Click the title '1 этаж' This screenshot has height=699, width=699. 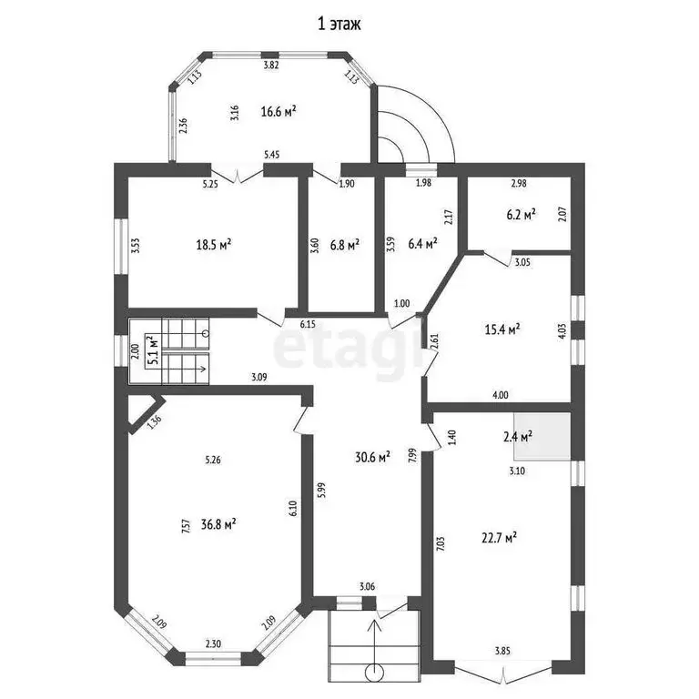pyautogui.click(x=339, y=25)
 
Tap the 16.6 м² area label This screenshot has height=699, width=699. pyautogui.click(x=279, y=111)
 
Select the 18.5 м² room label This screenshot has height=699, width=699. pyautogui.click(x=214, y=243)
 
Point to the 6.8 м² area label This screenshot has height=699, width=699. pyautogui.click(x=344, y=244)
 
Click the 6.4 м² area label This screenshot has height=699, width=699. pyautogui.click(x=423, y=243)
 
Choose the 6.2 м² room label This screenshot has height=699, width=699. pyautogui.click(x=520, y=215)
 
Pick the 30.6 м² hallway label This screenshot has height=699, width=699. pyautogui.click(x=373, y=456)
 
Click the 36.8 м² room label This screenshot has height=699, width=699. pyautogui.click(x=219, y=524)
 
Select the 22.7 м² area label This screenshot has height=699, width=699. pyautogui.click(x=501, y=537)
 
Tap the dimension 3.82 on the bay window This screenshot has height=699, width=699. pyautogui.click(x=270, y=66)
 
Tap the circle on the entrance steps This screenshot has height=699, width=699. pyautogui.click(x=373, y=673)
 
